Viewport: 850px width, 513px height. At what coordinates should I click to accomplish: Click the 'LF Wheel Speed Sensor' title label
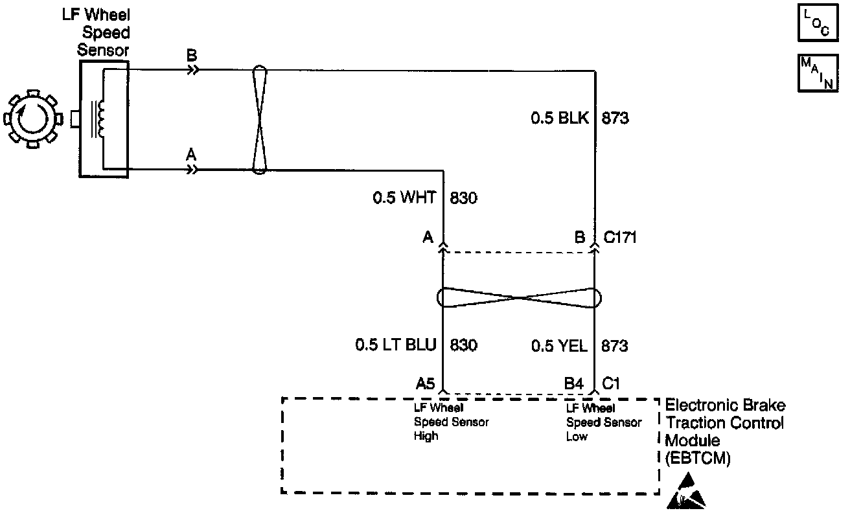coord(104,32)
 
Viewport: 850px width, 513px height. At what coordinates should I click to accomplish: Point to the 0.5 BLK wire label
coord(560,119)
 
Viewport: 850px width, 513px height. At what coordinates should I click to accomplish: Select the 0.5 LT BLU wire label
coord(395,345)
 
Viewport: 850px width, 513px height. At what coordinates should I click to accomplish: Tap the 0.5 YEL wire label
coord(559,345)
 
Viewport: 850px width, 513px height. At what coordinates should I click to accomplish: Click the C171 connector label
coord(620,237)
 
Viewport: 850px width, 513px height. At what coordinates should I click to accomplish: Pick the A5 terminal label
coord(425,383)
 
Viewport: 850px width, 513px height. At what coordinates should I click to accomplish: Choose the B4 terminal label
coord(574,383)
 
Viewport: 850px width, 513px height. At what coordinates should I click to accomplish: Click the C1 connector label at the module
coord(612,383)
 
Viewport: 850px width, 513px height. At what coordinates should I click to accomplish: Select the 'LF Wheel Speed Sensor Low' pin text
coord(604,422)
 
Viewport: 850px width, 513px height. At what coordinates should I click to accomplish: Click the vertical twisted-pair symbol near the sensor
coord(258,120)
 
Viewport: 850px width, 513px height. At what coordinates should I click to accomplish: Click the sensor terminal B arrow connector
coord(192,69)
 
